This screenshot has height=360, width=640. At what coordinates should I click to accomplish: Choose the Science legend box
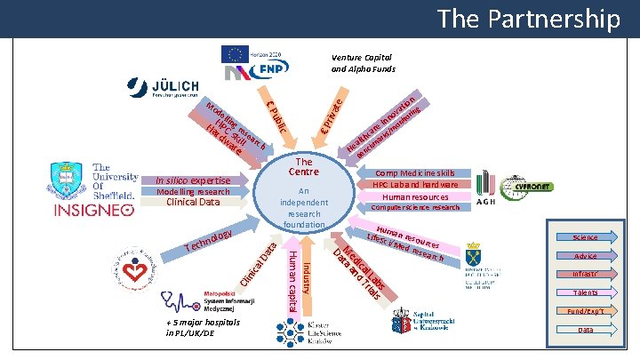click(x=585, y=237)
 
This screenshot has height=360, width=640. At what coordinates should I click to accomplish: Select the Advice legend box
click(x=585, y=256)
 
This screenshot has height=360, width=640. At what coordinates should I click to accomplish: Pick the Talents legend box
click(x=585, y=292)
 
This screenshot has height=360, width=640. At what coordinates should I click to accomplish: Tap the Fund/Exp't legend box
click(x=585, y=311)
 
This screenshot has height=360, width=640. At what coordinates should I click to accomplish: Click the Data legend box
click(x=585, y=330)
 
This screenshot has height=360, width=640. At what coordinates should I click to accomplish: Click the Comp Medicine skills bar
click(x=415, y=173)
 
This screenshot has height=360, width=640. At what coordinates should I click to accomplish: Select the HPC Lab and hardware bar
click(x=415, y=185)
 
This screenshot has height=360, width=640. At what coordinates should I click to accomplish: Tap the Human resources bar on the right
click(x=415, y=196)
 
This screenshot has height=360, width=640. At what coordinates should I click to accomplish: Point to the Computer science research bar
click(x=415, y=208)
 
